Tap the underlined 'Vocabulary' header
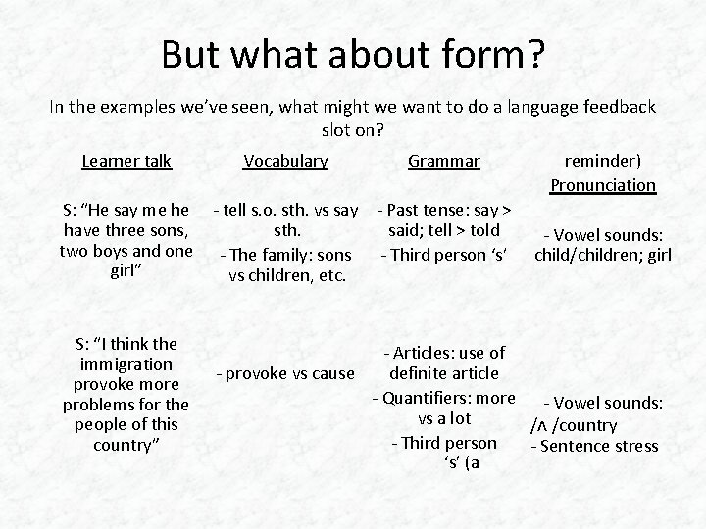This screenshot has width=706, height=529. click(285, 161)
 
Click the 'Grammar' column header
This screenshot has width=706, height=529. click(443, 161)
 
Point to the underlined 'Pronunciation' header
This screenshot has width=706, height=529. click(603, 184)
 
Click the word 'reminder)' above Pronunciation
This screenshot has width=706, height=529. click(603, 161)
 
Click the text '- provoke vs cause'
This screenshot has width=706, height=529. click(286, 373)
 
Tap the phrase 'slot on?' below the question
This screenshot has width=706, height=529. click(353, 129)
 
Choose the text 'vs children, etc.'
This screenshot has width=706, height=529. click(287, 275)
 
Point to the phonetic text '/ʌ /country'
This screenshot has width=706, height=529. click(574, 425)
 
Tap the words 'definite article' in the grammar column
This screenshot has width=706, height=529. click(443, 373)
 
